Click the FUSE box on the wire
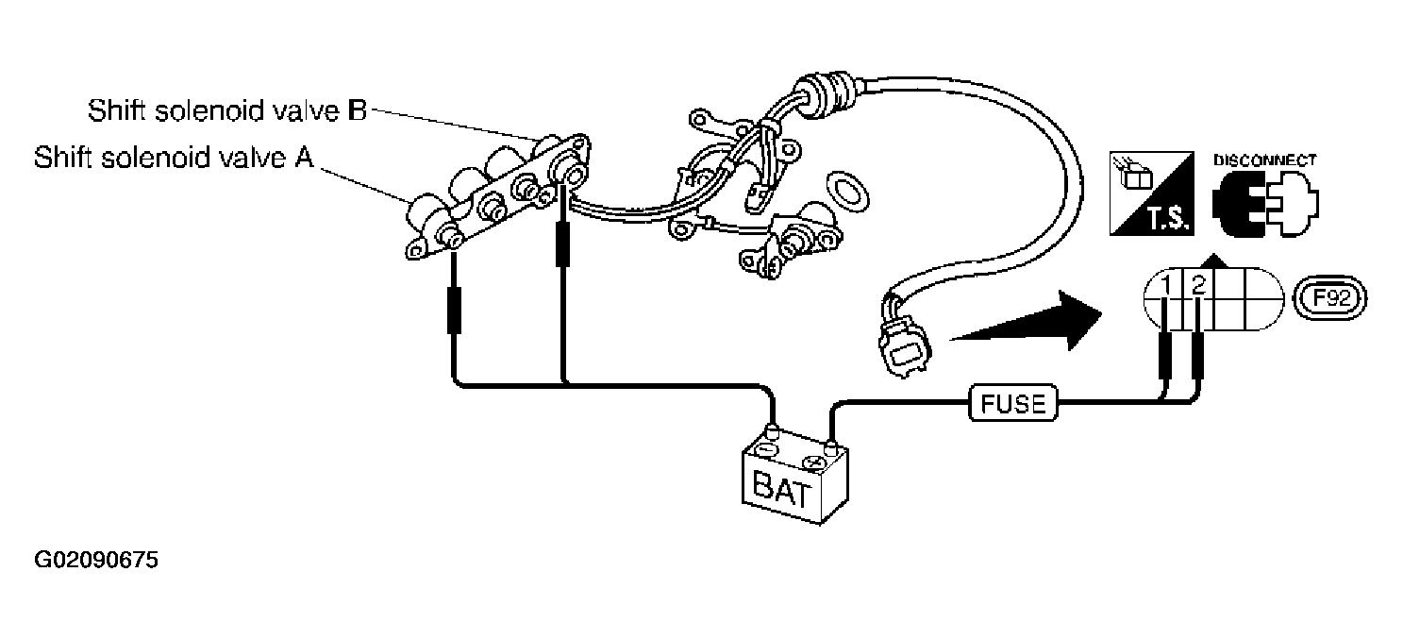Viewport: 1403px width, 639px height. pos(1012,403)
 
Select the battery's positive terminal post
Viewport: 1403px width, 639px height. pos(830,448)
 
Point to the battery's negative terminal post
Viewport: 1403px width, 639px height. pos(773,433)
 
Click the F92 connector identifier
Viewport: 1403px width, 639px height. pos(1330,298)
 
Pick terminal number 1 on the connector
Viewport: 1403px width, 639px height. pos(1165,285)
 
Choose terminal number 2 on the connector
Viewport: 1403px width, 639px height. pos(1199,285)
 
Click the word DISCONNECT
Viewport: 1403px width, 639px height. pos(1265,160)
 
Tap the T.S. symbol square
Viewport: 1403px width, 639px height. pos(1152,193)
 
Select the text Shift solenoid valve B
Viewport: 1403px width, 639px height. pos(226,110)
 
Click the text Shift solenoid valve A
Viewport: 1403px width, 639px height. pos(174,158)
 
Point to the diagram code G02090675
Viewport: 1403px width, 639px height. pos(96,560)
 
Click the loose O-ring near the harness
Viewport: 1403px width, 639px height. pos(847,191)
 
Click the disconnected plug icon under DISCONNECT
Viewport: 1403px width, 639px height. pos(1265,204)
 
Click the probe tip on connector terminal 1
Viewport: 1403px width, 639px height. pos(1165,315)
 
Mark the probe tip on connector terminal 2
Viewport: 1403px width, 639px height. pos(1198,315)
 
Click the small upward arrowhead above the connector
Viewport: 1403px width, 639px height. pos(1214,260)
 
